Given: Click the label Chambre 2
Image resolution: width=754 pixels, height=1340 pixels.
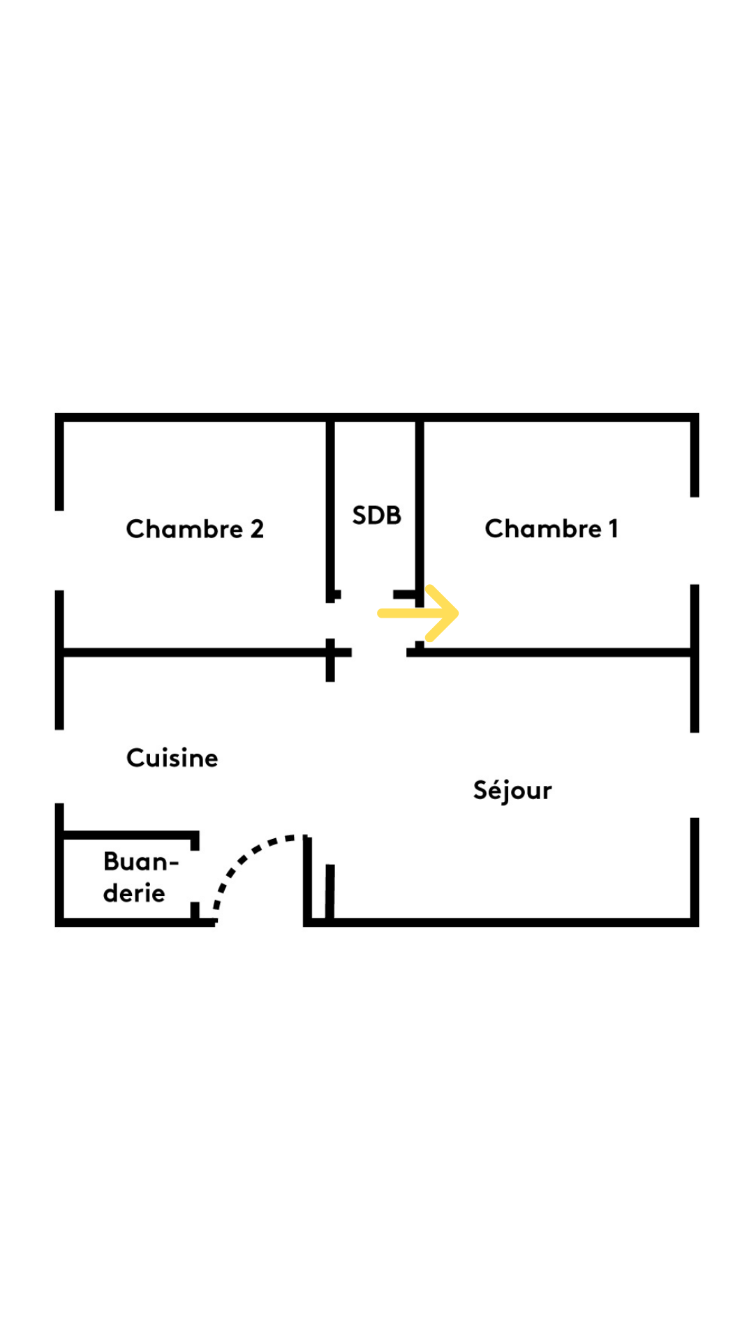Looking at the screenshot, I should point(195,529).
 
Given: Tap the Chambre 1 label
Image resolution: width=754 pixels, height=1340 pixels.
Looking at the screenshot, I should point(552,529).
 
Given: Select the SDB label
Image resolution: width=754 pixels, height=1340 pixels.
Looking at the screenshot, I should point(376,516).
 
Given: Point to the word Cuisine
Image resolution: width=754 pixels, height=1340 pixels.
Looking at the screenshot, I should point(172,758).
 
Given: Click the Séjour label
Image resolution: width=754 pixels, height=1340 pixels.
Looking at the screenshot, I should point(512,790).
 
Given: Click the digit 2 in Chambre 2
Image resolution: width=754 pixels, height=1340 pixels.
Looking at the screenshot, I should point(257,529).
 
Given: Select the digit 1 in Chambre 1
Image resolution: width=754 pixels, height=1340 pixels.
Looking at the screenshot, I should point(613,529).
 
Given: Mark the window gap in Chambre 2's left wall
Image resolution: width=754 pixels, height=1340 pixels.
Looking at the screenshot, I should point(59,551).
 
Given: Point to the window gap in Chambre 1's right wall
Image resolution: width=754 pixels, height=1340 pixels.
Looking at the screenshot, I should point(694,541).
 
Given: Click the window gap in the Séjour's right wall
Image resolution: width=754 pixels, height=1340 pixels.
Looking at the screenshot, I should point(694,775).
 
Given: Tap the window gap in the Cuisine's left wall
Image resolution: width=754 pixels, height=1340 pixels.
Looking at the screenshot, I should point(59,766).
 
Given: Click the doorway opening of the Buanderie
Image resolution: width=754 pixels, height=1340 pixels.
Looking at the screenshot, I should point(195,876).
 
